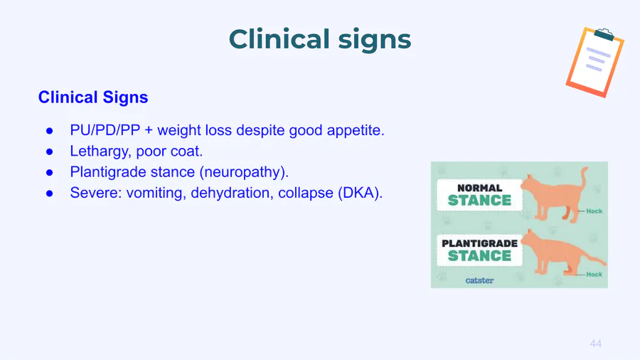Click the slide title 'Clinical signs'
click(319, 40)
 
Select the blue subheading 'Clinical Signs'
click(93, 97)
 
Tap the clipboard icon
click(594, 63)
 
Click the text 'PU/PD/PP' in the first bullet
click(105, 130)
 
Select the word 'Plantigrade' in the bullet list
click(108, 172)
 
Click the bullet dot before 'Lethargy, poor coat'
click(49, 152)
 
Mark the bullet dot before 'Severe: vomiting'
click(49, 193)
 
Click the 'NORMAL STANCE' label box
click(479, 195)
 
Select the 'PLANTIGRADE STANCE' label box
click(479, 250)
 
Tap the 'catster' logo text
click(479, 280)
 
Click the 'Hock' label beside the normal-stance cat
click(594, 211)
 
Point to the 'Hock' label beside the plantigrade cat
click(594, 275)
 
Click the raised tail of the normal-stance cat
click(584, 178)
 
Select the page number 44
click(595, 344)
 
